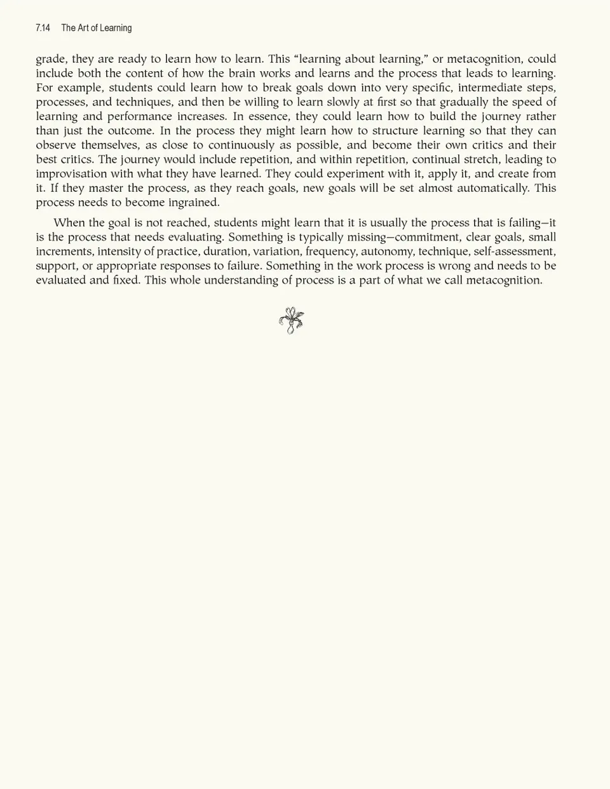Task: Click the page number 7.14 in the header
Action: coord(43,28)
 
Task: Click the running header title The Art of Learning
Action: coord(97,28)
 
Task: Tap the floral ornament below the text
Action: coord(292,320)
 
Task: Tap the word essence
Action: coord(269,116)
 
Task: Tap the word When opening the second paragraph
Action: coord(69,223)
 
